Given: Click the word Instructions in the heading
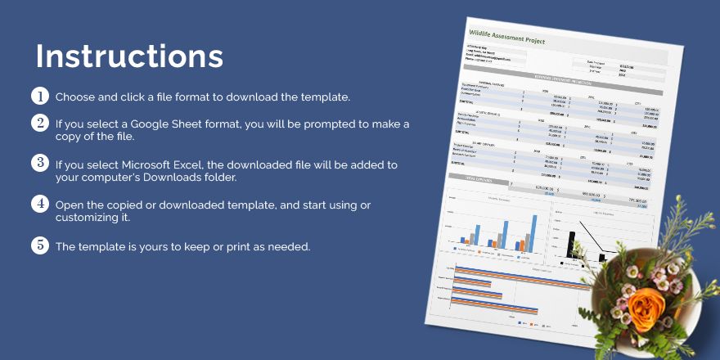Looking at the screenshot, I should [129, 56].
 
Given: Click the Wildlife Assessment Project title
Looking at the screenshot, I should [507, 37].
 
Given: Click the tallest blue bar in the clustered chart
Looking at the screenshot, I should [534, 232].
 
